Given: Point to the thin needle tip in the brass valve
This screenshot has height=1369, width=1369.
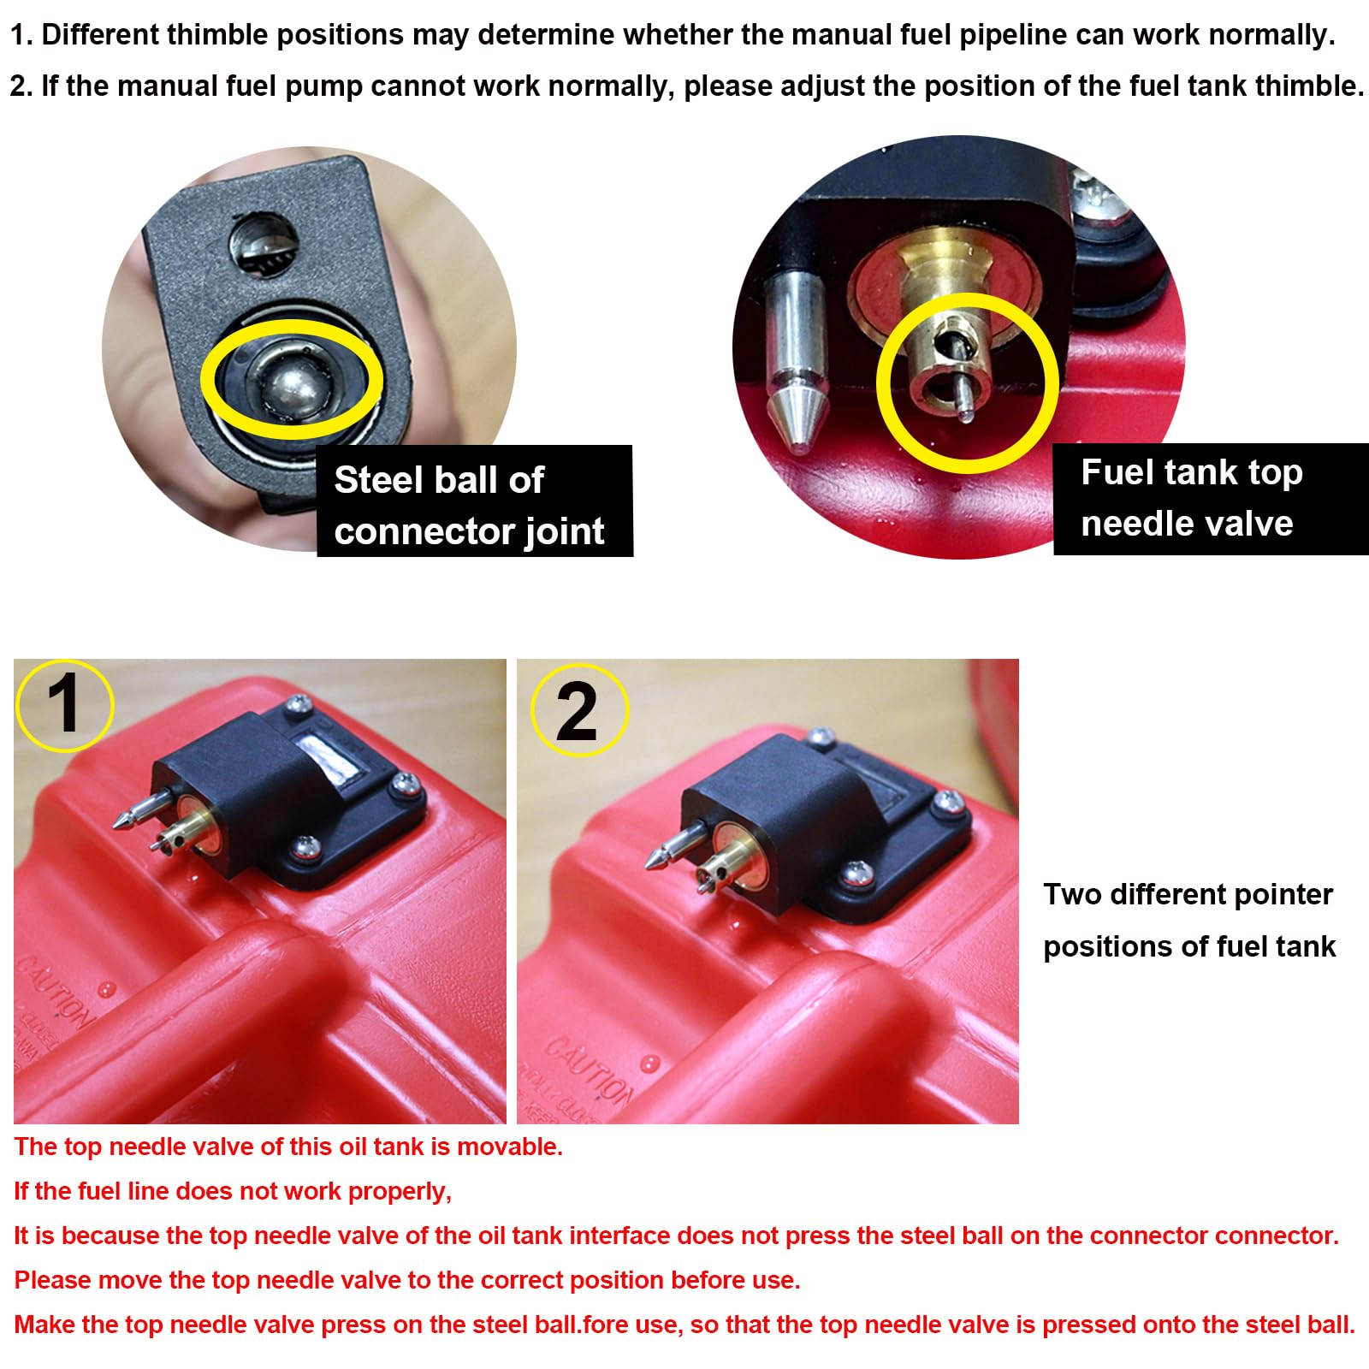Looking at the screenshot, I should pos(963,402).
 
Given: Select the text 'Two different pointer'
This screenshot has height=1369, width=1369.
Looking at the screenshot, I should pos(1188,895).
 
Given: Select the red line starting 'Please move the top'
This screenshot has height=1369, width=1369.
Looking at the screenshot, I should pos(407,1281).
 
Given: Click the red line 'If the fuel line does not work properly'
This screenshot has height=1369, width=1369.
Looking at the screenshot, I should pos(233,1192).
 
